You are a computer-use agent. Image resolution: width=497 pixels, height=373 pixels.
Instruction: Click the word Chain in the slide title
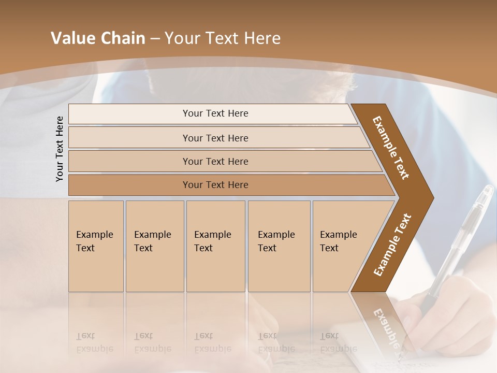123,38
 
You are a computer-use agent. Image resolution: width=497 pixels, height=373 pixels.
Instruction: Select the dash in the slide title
155,39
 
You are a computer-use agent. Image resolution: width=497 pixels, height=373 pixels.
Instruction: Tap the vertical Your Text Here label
60,149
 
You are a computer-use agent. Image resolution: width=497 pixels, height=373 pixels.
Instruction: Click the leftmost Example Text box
96,246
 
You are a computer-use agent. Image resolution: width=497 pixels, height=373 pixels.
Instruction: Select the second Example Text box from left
155,246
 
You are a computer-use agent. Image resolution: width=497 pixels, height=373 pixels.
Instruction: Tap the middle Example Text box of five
215,246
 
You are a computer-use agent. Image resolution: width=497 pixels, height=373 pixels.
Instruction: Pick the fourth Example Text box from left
279,246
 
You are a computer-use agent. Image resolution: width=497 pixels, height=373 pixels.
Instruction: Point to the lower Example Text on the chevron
392,245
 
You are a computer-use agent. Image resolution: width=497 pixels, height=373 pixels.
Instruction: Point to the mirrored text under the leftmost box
94,342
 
